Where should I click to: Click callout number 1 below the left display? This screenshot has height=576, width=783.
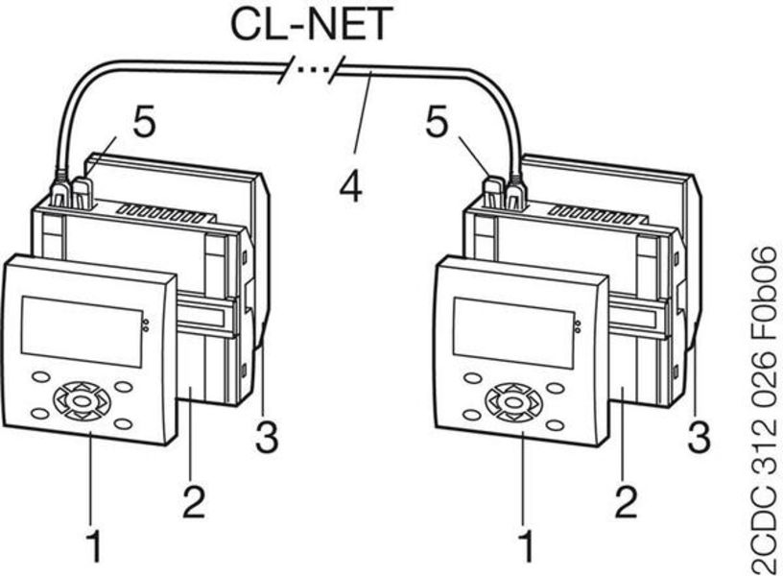point(93,545)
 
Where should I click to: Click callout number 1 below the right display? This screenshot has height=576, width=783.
point(525,545)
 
